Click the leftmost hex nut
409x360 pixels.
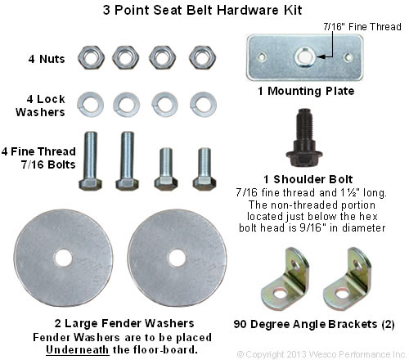[x=88, y=56]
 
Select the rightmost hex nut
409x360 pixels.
[x=199, y=56]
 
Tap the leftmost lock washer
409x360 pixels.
[x=88, y=104]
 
